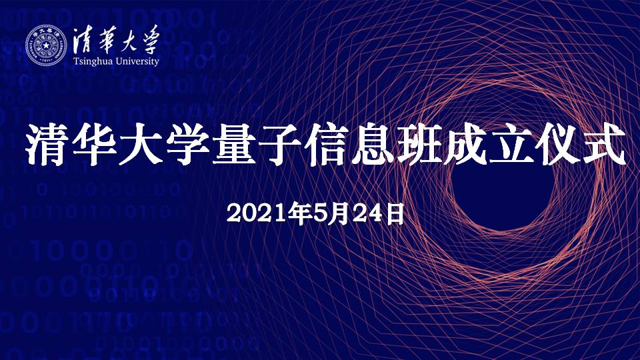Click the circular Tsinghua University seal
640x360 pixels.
pyautogui.click(x=46, y=45)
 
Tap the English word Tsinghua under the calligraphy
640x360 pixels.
pyautogui.click(x=93, y=61)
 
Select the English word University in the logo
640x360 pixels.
pyautogui.click(x=137, y=61)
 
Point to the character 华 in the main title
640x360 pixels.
pyautogui.click(x=94, y=144)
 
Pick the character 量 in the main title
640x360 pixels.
pyautogui.click(x=234, y=144)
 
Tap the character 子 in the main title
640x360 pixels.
pyautogui.click(x=281, y=144)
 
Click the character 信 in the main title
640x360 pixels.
pyautogui.click(x=327, y=144)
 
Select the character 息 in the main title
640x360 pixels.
pyautogui.click(x=373, y=144)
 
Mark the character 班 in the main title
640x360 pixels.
pyautogui.click(x=420, y=144)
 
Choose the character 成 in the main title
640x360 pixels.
pyautogui.click(x=467, y=144)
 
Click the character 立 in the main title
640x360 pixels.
pyautogui.click(x=513, y=144)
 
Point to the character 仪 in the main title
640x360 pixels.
pyautogui.click(x=559, y=144)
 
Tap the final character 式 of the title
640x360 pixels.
pyautogui.click(x=605, y=144)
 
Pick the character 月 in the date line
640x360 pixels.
pyautogui.click(x=341, y=214)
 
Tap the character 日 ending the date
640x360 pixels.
pyautogui.click(x=395, y=214)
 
